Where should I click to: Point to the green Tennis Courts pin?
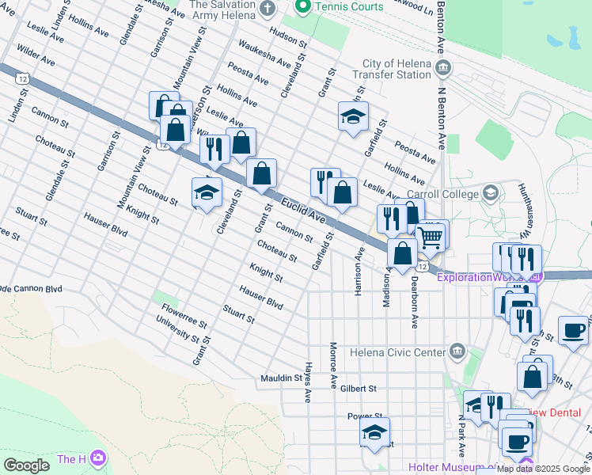point(302,7)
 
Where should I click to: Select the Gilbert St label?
point(358,389)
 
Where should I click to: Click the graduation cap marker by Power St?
point(374,433)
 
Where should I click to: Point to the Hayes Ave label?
point(305,383)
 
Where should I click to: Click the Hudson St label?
point(287,33)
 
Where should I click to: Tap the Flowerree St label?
point(184,316)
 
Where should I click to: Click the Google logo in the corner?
point(26,465)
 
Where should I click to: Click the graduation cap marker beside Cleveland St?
point(206,192)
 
